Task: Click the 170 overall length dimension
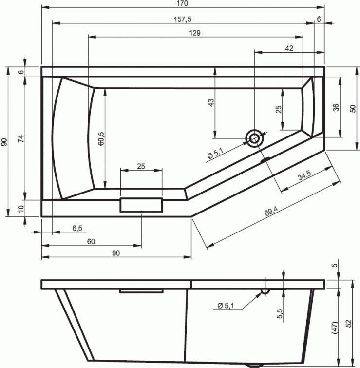point(182,3)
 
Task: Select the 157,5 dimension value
point(183,19)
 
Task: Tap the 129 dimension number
point(195,33)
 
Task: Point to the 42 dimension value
point(289,48)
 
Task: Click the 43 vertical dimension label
point(211,103)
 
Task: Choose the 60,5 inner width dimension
point(101,138)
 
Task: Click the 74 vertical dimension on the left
point(21,138)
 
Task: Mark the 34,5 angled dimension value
point(304,175)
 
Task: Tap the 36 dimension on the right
point(336,107)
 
